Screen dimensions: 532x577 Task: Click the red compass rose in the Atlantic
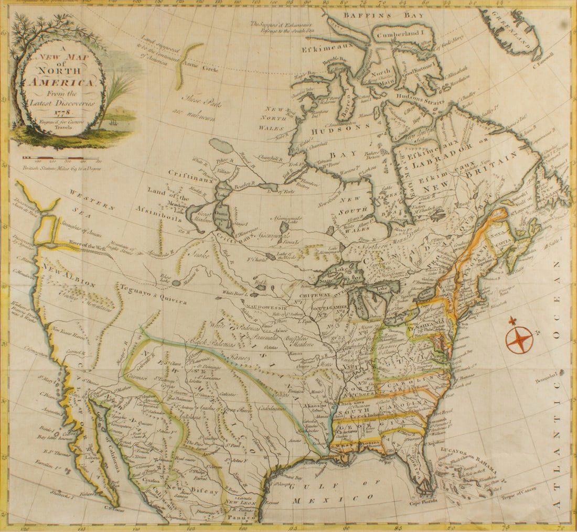519,339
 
